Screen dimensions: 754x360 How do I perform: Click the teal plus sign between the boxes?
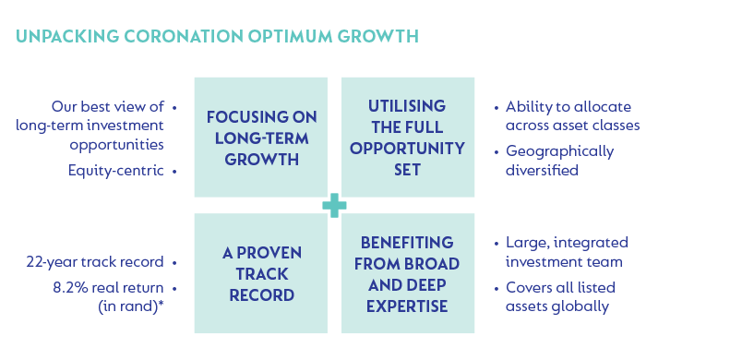(x=334, y=206)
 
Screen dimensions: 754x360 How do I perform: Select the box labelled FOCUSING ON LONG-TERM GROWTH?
(x=261, y=138)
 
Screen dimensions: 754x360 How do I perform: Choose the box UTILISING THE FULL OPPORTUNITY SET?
(x=408, y=138)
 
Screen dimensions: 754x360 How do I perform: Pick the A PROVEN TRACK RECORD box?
(x=261, y=273)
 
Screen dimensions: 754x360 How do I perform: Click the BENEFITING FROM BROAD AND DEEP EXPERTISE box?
(x=408, y=273)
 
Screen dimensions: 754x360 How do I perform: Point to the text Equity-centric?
(x=116, y=171)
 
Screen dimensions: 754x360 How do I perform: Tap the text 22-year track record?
(x=95, y=262)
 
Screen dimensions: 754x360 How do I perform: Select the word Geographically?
(x=559, y=152)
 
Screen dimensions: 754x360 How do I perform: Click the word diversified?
(x=542, y=170)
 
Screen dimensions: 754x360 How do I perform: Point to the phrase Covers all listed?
(x=561, y=288)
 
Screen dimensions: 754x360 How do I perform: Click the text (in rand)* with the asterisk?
(x=131, y=306)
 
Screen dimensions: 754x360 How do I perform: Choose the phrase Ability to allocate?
(x=568, y=107)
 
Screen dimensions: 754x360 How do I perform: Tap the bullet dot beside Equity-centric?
(x=174, y=172)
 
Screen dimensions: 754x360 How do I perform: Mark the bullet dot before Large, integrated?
(x=497, y=244)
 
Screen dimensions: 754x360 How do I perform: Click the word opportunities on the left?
(x=117, y=145)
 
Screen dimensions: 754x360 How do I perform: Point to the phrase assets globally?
(x=557, y=306)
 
